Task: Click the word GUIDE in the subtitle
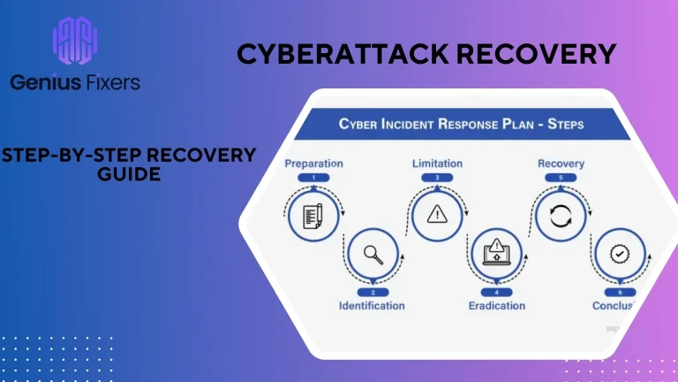(129, 174)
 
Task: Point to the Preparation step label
(313, 164)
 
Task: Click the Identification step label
(372, 306)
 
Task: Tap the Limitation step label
(438, 164)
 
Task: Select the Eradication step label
(496, 306)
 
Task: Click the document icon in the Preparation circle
(313, 215)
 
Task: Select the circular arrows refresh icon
(561, 215)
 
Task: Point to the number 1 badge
(313, 178)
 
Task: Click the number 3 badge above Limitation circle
(437, 178)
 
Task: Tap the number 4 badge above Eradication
(496, 293)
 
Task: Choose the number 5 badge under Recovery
(561, 178)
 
